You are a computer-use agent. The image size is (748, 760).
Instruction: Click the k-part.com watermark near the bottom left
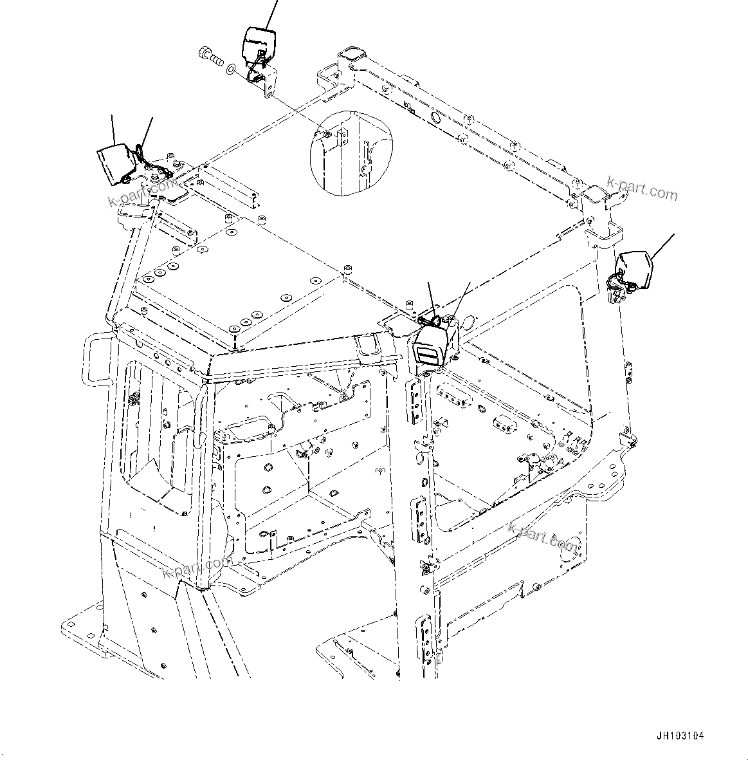pos(197,567)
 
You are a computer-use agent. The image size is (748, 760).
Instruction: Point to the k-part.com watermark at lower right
pos(542,535)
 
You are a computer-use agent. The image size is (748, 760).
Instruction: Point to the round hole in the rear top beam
pos(435,117)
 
